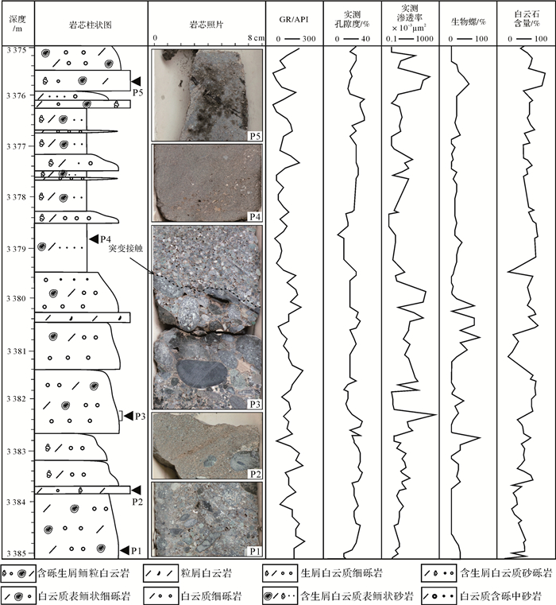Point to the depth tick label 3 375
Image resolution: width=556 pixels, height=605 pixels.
pos(17,49)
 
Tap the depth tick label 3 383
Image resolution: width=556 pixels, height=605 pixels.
pos(17,452)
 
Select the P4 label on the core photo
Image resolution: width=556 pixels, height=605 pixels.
pos(254,215)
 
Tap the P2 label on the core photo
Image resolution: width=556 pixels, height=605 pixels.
pos(254,474)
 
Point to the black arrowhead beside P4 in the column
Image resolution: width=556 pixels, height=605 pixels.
pos(93,239)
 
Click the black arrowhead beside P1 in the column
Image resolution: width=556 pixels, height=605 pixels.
pos(124,549)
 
